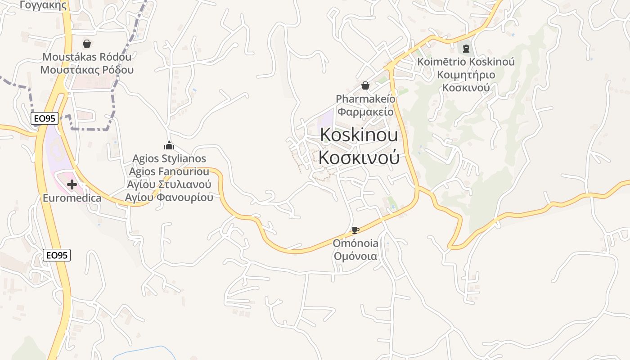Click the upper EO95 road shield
45,118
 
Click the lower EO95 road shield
57,255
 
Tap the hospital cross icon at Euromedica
72,184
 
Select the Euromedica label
72,198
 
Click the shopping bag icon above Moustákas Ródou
87,44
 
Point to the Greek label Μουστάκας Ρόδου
87,70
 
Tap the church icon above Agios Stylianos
169,145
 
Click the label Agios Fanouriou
169,171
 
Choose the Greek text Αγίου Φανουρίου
169,198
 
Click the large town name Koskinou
359,135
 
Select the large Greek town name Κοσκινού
359,157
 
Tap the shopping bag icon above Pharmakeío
365,85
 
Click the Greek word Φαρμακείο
365,112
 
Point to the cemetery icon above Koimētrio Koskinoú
466,48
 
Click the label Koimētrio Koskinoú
466,62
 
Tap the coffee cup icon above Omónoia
355,230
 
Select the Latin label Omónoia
355,243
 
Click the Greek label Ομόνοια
355,256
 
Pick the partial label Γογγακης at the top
43,5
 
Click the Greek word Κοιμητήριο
466,75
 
